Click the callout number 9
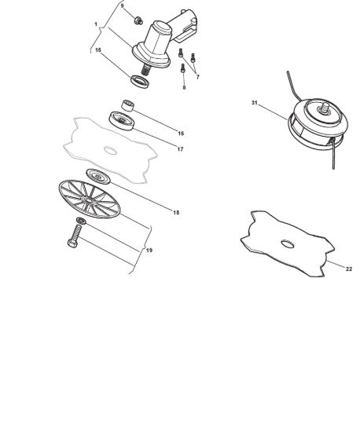pyautogui.click(x=123, y=5)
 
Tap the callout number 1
pyautogui.click(x=96, y=24)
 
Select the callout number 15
pyautogui.click(x=98, y=50)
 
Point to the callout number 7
pyautogui.click(x=197, y=77)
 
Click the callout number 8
pyautogui.click(x=184, y=88)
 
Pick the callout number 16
pyautogui.click(x=181, y=134)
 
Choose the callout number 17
pyautogui.click(x=180, y=149)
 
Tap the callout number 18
pyautogui.click(x=176, y=212)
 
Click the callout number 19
pyautogui.click(x=149, y=250)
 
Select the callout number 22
pyautogui.click(x=349, y=269)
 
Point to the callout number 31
pyautogui.click(x=255, y=103)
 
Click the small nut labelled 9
pyautogui.click(x=138, y=20)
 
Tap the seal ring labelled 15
pyautogui.click(x=140, y=81)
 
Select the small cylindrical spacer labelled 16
pyautogui.click(x=127, y=105)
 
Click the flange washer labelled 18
pyautogui.click(x=98, y=176)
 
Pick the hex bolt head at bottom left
pyautogui.click(x=72, y=243)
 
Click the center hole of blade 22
pyautogui.click(x=288, y=244)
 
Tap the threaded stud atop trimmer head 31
pyautogui.click(x=325, y=107)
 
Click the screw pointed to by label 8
pyautogui.click(x=183, y=68)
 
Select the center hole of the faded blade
pyautogui.click(x=110, y=151)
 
